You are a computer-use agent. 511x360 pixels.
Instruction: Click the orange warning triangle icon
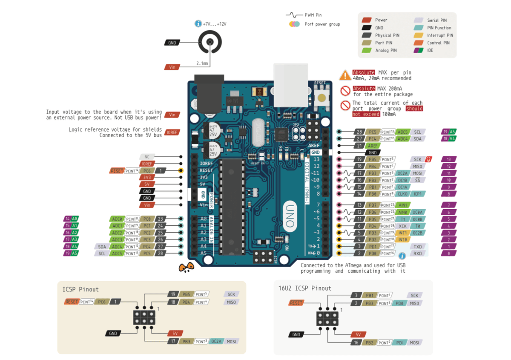pos(345,75)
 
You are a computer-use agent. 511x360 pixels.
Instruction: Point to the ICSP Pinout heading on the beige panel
pos(80,289)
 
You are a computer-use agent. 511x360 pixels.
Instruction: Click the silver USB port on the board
pos(290,85)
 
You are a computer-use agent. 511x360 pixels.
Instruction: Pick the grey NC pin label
pos(147,157)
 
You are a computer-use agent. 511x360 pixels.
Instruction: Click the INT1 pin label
pos(402,233)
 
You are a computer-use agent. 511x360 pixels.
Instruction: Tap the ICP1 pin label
pos(418,194)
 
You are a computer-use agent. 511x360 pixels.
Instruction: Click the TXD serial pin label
pos(417,247)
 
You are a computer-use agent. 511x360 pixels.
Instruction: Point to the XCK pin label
pos(402,226)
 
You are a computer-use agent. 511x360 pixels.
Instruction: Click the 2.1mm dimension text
pos(202,63)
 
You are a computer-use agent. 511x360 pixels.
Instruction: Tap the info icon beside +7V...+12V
pos(198,24)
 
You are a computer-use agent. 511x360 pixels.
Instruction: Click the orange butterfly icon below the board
pos(186,268)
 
